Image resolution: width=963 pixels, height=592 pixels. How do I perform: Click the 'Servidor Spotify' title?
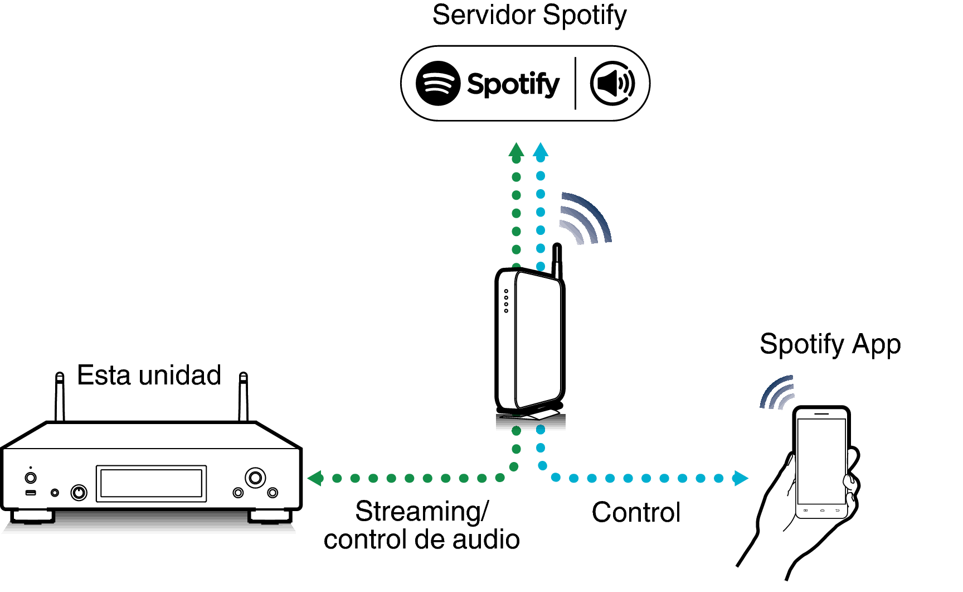(x=529, y=16)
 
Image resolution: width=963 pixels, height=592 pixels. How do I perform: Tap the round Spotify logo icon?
(x=438, y=83)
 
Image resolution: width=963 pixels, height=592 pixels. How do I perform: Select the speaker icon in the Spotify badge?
(x=612, y=83)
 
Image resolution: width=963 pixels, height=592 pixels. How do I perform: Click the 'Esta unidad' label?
(x=149, y=375)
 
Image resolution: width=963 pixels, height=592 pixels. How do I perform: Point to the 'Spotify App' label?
(x=830, y=344)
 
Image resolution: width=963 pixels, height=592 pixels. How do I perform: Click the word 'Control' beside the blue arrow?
(x=636, y=512)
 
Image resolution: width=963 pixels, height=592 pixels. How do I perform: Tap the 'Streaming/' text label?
(x=422, y=511)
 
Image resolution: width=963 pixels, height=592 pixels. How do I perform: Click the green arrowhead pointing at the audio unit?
(x=315, y=478)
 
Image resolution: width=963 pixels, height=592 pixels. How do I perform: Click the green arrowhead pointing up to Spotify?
(x=517, y=150)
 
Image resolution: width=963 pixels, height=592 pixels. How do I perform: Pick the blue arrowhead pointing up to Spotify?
(x=541, y=150)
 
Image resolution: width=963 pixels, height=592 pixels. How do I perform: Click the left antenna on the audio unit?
(x=60, y=396)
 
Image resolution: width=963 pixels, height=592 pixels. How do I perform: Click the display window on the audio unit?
(x=151, y=483)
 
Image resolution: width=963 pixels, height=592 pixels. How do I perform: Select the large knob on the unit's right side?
(x=255, y=478)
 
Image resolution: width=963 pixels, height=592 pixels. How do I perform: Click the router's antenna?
(x=557, y=259)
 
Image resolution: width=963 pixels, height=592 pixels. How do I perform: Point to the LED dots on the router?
(x=506, y=301)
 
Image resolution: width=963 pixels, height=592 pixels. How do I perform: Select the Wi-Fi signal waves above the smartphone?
(x=777, y=393)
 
